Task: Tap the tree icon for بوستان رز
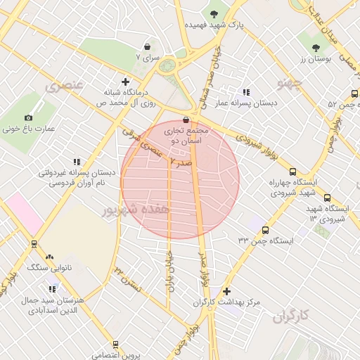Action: pos(316,49)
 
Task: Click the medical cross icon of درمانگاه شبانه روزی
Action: pos(126,81)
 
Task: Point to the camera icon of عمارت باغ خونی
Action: pos(28,117)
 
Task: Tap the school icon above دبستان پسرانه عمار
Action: pos(246,91)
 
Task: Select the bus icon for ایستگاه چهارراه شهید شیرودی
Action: pos(292,171)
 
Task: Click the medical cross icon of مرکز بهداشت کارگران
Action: pos(226,291)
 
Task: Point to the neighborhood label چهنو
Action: pos(289,84)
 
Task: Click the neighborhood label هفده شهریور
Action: pos(136,210)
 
